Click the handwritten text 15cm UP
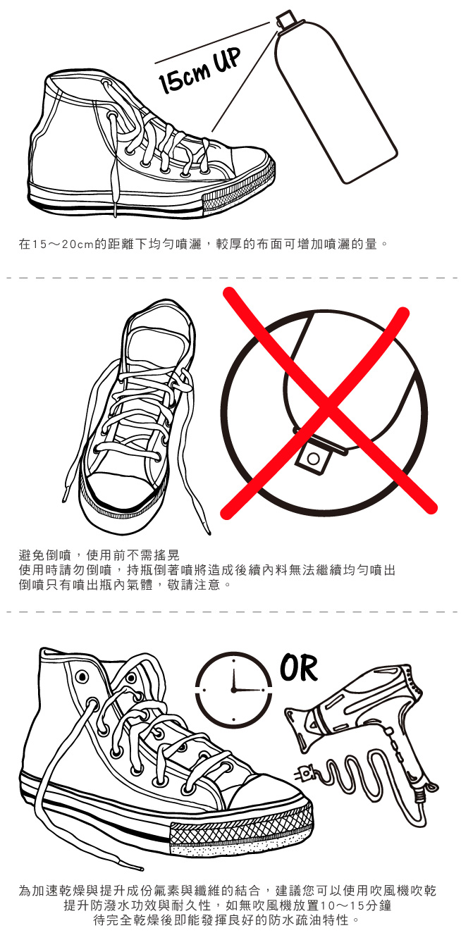tap(199, 70)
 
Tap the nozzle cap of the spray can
tap(284, 20)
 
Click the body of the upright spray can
tap(334, 105)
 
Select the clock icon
tap(233, 689)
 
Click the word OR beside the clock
tap(298, 668)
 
